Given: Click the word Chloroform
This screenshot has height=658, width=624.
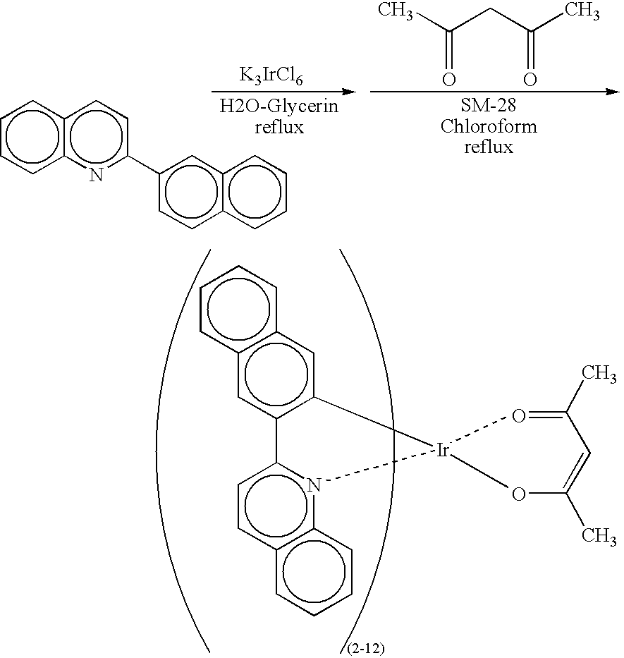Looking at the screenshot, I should click(x=489, y=127).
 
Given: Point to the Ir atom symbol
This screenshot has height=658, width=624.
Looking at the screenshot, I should click(x=443, y=450).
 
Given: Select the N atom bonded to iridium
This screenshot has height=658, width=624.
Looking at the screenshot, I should click(x=314, y=485).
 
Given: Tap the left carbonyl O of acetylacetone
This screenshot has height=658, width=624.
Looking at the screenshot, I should click(x=448, y=79).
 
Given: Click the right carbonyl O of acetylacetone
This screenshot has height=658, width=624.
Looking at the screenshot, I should click(x=530, y=79).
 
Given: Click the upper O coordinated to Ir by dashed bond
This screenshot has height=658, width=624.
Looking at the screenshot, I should click(x=519, y=416).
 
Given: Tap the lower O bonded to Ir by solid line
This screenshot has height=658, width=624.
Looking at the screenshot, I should click(x=519, y=494).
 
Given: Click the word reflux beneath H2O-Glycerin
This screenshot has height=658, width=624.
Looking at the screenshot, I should click(x=279, y=127).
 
